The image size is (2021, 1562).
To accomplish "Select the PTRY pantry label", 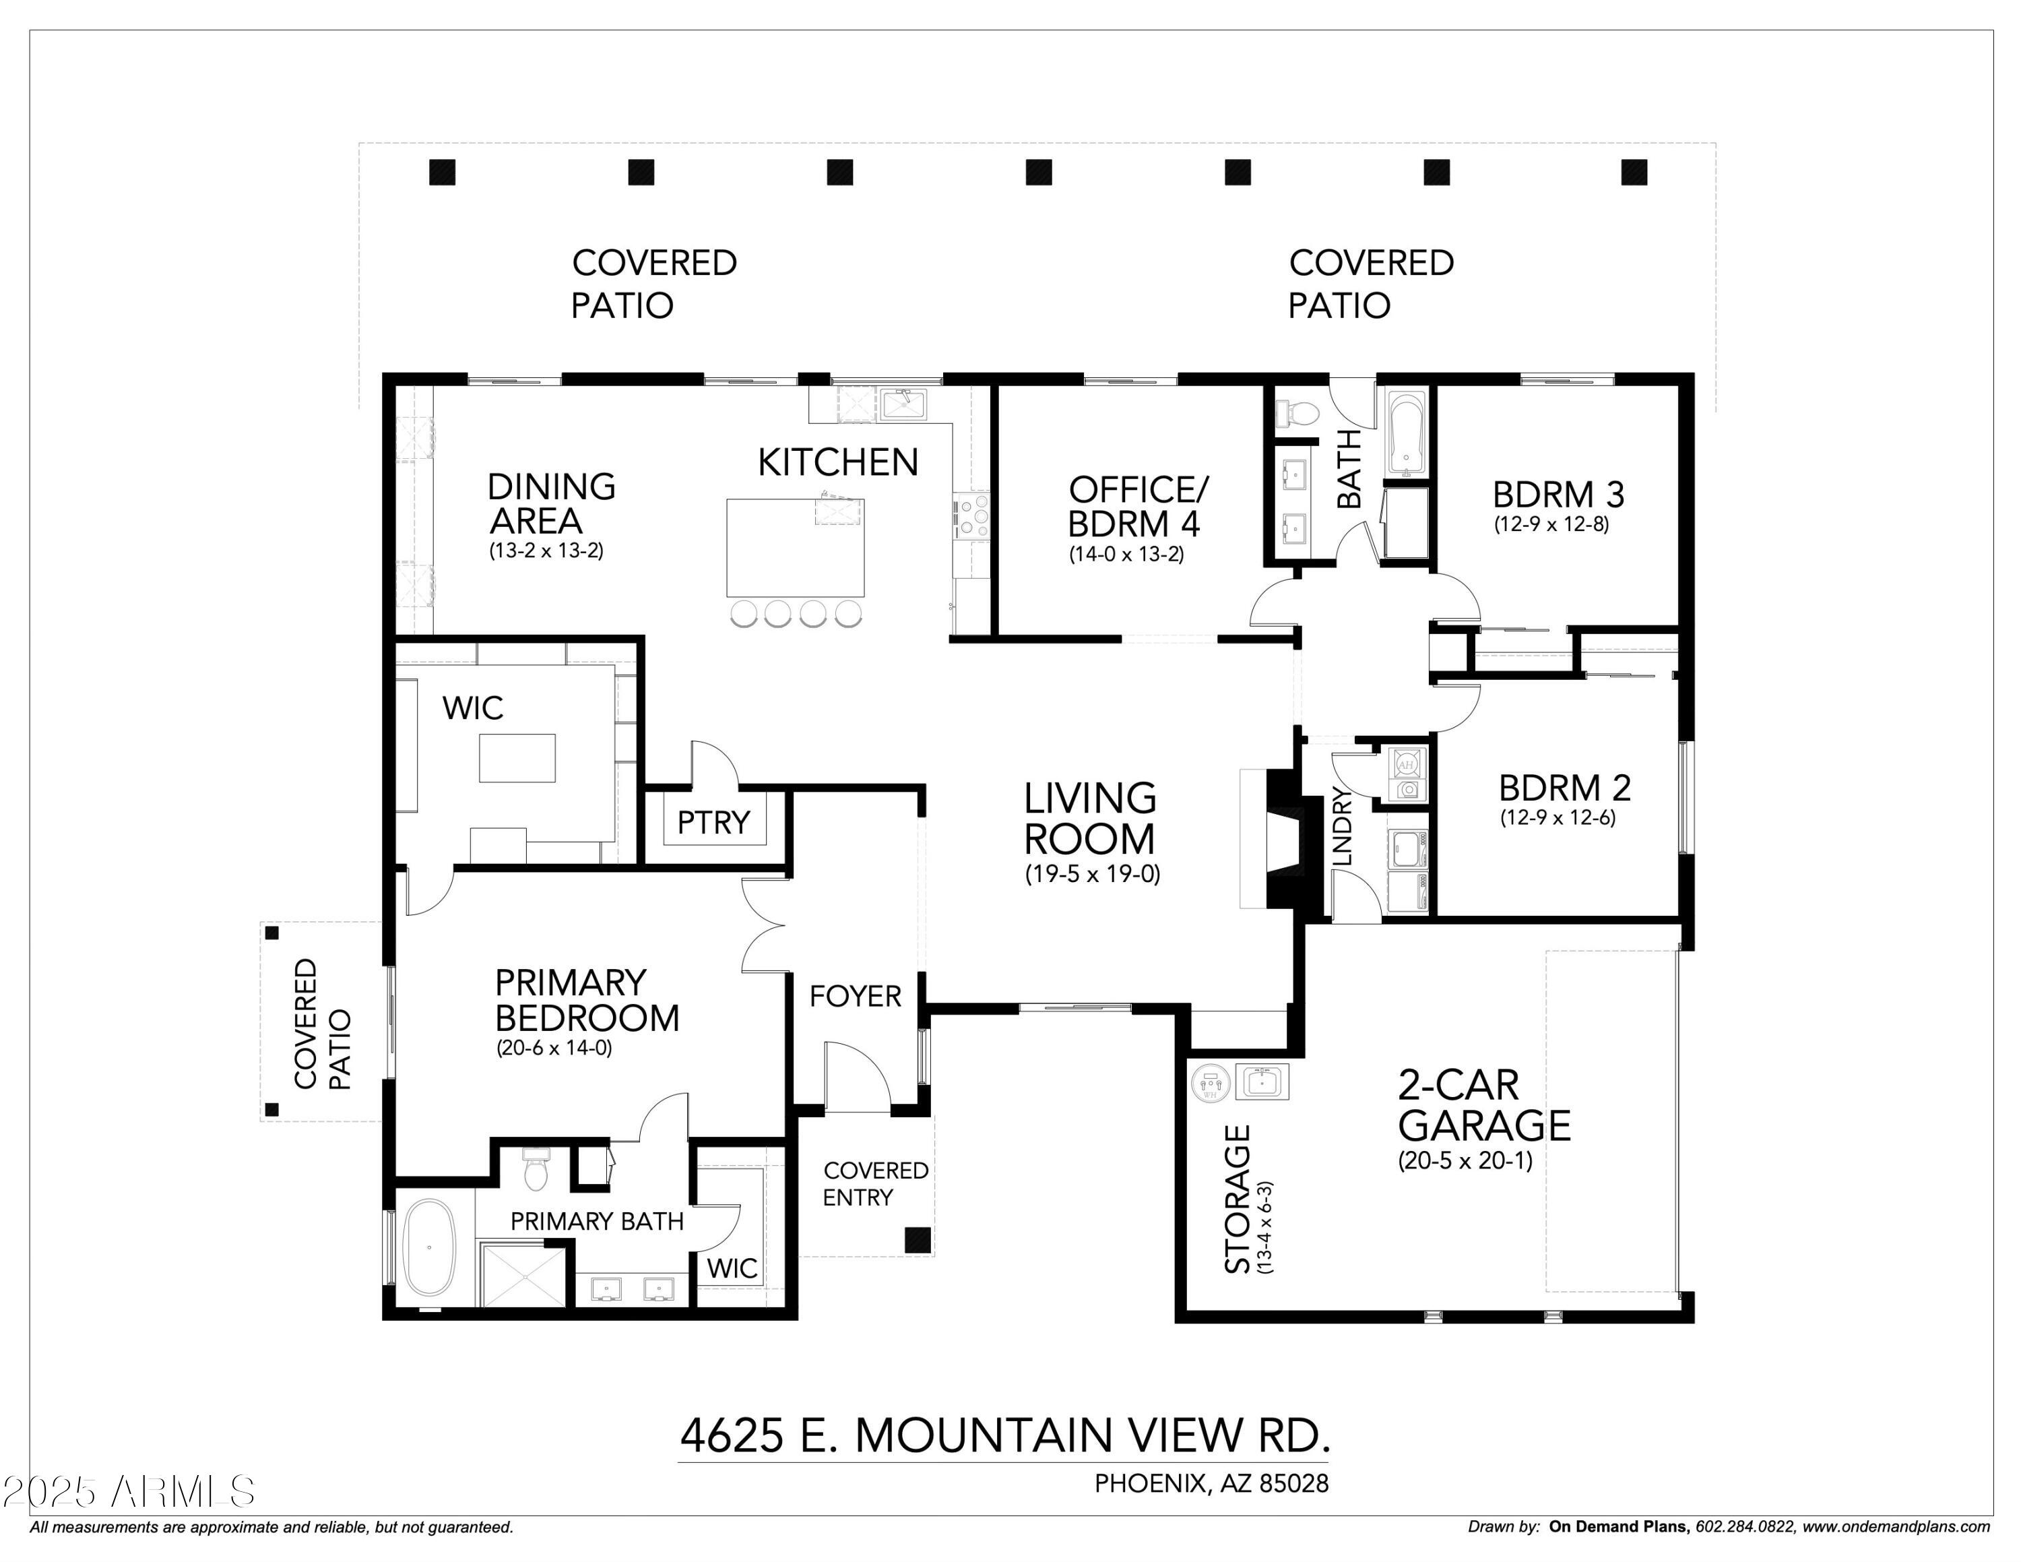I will point(713,821).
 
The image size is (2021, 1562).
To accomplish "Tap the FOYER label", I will point(855,996).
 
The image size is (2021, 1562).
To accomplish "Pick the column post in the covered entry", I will point(917,1239).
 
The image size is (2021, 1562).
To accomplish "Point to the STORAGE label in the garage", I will point(1238,1199).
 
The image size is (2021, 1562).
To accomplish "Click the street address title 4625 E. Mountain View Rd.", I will point(1004,1435).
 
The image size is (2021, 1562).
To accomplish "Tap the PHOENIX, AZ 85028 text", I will point(1211,1483).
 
